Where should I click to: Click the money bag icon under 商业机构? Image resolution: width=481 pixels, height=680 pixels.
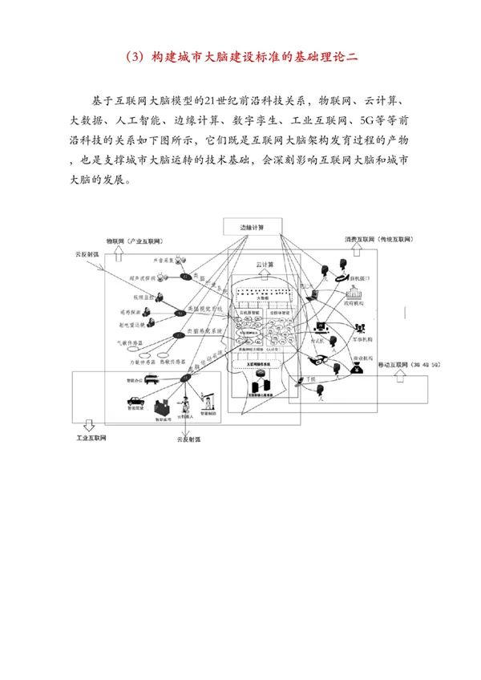[354, 368]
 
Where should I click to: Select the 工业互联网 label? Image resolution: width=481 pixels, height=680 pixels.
[92, 438]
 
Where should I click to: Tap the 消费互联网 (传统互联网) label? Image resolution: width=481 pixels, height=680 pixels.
[375, 240]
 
